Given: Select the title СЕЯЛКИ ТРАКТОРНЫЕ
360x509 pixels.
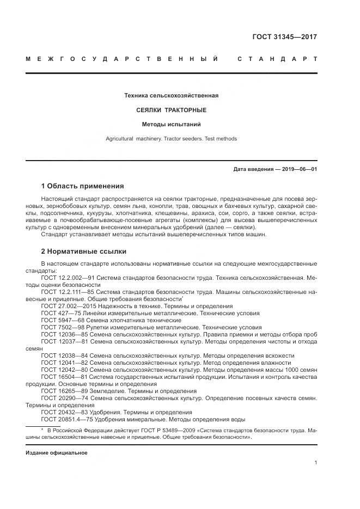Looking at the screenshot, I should [x=171, y=110].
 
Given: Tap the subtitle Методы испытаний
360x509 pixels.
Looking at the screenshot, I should [x=171, y=124].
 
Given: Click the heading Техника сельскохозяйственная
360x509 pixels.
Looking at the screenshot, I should [x=171, y=96].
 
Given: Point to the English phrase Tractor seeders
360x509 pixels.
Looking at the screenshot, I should [x=181, y=139].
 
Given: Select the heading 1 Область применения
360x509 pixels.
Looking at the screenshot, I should [x=82, y=186].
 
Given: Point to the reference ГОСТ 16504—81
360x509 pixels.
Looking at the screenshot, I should [x=63, y=377].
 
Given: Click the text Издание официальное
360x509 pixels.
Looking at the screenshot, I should [x=57, y=452].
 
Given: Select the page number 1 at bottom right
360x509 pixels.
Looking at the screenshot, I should [x=315, y=462].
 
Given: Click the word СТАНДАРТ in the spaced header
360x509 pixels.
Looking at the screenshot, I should [x=277, y=59].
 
